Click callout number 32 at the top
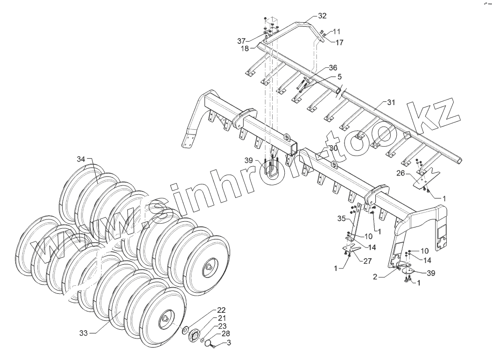coord(322,15)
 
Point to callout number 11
coord(337,32)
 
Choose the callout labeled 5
coord(339,76)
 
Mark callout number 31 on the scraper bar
coord(391,102)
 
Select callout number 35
coord(342,218)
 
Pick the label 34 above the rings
coord(81,159)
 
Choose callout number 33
coord(83,333)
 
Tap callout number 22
coord(221,310)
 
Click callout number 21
coord(221,318)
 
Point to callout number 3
coord(229,343)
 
